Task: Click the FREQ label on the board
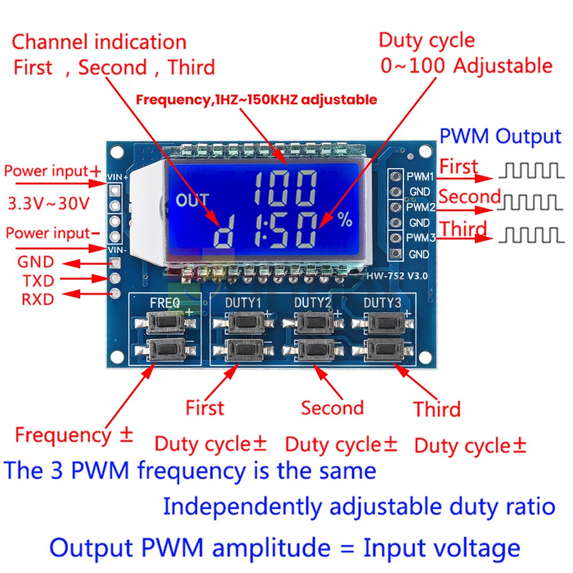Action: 164,302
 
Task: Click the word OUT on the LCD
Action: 192,201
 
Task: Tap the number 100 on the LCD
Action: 285,187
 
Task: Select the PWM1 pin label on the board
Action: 420,176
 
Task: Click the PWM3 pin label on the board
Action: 420,237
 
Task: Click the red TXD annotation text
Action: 38,281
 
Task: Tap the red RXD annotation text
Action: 38,299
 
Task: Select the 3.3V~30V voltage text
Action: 49,203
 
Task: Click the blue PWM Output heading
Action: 500,137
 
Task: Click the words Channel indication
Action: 99,42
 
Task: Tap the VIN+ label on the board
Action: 117,178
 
